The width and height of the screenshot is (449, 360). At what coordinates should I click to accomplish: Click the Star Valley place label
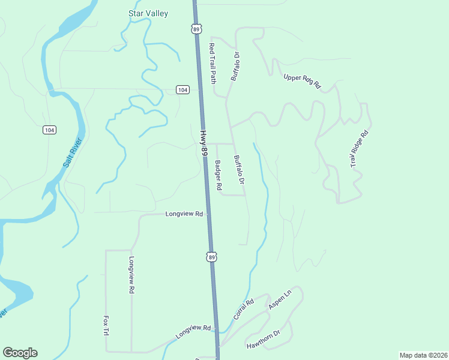[x=148, y=13]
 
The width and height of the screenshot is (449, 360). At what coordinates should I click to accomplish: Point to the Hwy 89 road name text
[x=204, y=145]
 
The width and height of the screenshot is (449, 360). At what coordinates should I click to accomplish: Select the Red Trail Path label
[x=212, y=63]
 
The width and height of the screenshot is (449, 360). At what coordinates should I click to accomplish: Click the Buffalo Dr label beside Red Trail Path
[x=235, y=66]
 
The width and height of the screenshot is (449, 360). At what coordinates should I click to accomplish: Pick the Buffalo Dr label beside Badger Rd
[x=240, y=170]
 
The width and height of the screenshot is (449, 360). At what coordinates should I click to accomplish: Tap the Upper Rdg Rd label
[x=302, y=82]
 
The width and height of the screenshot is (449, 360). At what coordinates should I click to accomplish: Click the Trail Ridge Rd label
[x=359, y=149]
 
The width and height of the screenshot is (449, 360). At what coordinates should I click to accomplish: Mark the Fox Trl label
[x=106, y=325]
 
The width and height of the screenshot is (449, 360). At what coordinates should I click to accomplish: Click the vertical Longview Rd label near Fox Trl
[x=131, y=275]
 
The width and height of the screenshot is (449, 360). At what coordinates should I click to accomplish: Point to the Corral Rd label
[x=244, y=308]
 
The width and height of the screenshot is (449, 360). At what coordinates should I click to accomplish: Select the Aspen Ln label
[x=280, y=299]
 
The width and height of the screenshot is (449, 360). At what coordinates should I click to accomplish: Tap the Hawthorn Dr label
[x=264, y=341]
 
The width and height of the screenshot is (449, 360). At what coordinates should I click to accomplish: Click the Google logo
[x=20, y=353]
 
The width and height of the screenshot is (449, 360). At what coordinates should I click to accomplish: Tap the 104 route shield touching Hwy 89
[x=183, y=89]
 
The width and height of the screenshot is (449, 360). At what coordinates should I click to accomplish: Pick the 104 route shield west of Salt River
[x=49, y=130]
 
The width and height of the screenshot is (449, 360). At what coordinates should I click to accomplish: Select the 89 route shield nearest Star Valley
[x=197, y=29]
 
